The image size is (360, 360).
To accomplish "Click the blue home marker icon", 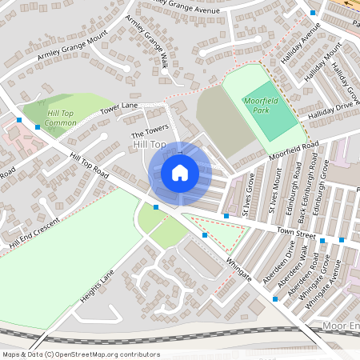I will (180, 173).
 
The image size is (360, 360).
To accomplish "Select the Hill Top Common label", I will (61, 118).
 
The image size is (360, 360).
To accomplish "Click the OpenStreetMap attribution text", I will (80, 354).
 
